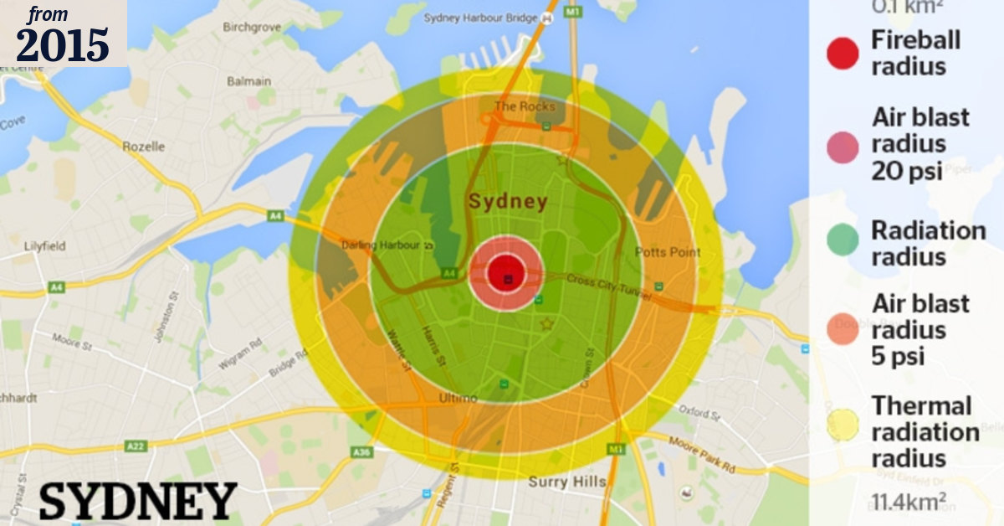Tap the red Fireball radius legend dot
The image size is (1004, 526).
pyautogui.click(x=843, y=53)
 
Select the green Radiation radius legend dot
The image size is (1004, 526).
pyautogui.click(x=843, y=240)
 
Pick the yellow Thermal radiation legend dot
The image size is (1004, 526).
pyautogui.click(x=843, y=425)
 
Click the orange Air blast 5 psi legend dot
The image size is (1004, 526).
pyautogui.click(x=843, y=329)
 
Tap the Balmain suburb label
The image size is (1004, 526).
pyautogui.click(x=249, y=81)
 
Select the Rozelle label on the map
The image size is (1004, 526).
pyautogui.click(x=144, y=146)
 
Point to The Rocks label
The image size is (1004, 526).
pyautogui.click(x=525, y=106)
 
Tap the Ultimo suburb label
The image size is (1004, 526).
pyautogui.click(x=458, y=399)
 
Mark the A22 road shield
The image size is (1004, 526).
pyautogui.click(x=136, y=446)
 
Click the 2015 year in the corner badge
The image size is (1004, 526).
pyautogui.click(x=63, y=44)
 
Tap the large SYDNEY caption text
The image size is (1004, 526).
pyautogui.click(x=138, y=501)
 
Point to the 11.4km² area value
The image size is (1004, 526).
pyautogui.click(x=909, y=502)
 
